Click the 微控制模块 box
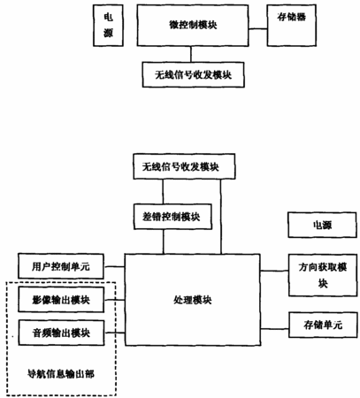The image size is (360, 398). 193,26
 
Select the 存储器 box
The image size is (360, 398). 292,26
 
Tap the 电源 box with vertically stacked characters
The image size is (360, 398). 108,26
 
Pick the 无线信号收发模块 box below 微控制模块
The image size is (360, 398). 194,74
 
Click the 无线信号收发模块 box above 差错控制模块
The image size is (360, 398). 184,166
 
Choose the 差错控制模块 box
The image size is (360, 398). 172,217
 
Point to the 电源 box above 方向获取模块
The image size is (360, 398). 323,225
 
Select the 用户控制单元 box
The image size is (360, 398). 61,266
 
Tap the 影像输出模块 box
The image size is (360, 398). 61,300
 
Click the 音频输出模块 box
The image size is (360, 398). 61,333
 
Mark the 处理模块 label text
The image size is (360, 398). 193,300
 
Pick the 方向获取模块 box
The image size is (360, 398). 323,275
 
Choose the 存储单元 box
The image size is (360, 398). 323,325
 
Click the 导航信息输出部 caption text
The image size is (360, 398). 61,374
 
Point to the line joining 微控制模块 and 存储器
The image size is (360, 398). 257,29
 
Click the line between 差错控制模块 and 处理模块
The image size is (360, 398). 164,241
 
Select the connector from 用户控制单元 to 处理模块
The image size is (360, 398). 115,266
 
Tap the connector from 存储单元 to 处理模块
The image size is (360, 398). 274,328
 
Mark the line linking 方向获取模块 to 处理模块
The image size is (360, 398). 274,271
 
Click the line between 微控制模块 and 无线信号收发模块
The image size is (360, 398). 191,54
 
